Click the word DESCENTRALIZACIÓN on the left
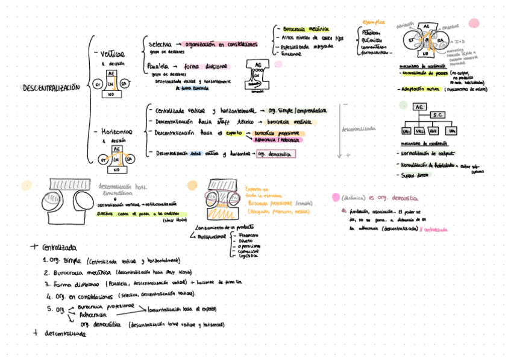(51, 88)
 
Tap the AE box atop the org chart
(418, 107)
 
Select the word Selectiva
(160, 45)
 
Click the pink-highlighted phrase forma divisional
(205, 66)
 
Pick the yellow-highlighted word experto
(234, 133)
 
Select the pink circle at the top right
(474, 23)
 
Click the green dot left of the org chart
(403, 105)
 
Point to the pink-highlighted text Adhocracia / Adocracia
(277, 140)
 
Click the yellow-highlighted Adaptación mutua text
(421, 89)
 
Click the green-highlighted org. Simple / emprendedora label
(298, 110)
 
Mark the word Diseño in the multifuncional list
(246, 240)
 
